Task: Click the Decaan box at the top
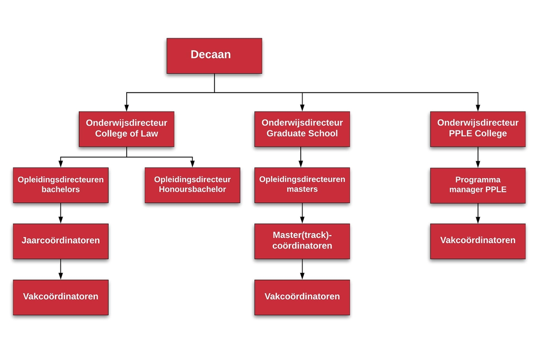click(x=214, y=56)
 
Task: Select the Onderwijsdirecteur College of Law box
click(x=127, y=129)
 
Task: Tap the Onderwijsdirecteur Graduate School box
click(x=302, y=129)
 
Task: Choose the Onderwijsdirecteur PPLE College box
click(x=478, y=129)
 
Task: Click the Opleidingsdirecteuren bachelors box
click(x=61, y=185)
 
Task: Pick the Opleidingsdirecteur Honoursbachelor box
click(x=192, y=185)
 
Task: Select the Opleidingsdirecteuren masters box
click(x=302, y=185)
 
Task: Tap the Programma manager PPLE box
click(x=478, y=185)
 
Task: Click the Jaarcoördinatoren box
click(x=61, y=241)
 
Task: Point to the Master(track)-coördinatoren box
click(x=302, y=241)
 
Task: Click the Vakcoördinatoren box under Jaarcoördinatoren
click(x=61, y=297)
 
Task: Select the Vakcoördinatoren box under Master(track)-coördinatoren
click(x=302, y=297)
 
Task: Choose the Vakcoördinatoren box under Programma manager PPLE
click(x=478, y=241)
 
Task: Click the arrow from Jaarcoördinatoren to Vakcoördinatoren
click(x=61, y=269)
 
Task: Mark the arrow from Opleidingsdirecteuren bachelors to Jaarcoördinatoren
click(x=61, y=213)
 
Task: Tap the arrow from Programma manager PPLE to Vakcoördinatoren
click(x=478, y=214)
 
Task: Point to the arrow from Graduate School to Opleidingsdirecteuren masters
click(x=301, y=157)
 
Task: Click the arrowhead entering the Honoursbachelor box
click(x=192, y=164)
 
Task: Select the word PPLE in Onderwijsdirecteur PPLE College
click(x=459, y=134)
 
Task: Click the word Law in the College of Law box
click(x=150, y=134)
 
